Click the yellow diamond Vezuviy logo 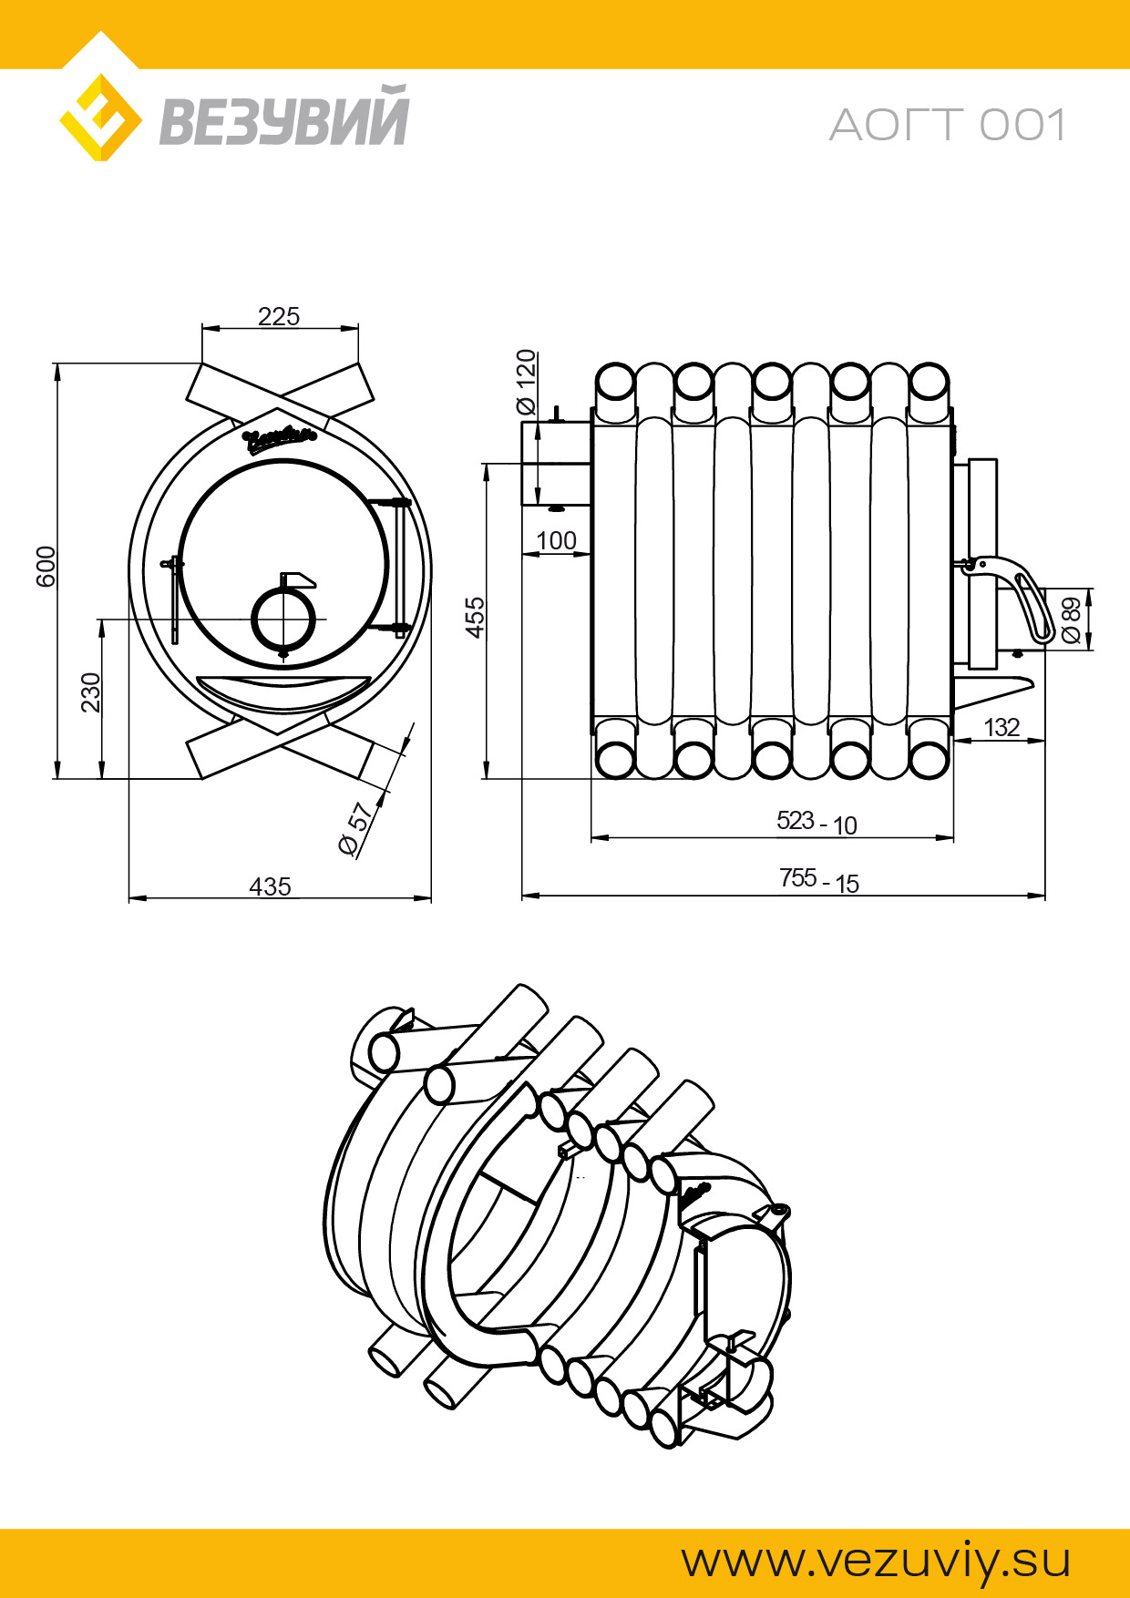coord(100,118)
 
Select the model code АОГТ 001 coord(948,126)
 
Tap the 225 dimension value coord(279,316)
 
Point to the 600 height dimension coord(46,567)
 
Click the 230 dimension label coord(90,692)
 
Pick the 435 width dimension coord(270,886)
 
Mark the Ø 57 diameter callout coord(356,829)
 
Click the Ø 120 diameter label coord(527,382)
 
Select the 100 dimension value coord(556,541)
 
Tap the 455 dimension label coord(475,618)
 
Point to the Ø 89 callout coord(1072,620)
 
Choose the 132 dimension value coord(1002,727)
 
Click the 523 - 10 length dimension coord(817,823)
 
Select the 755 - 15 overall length coord(818,881)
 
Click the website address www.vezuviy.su coord(876,1562)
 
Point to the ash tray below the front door coord(283,691)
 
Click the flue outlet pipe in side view coord(555,463)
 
